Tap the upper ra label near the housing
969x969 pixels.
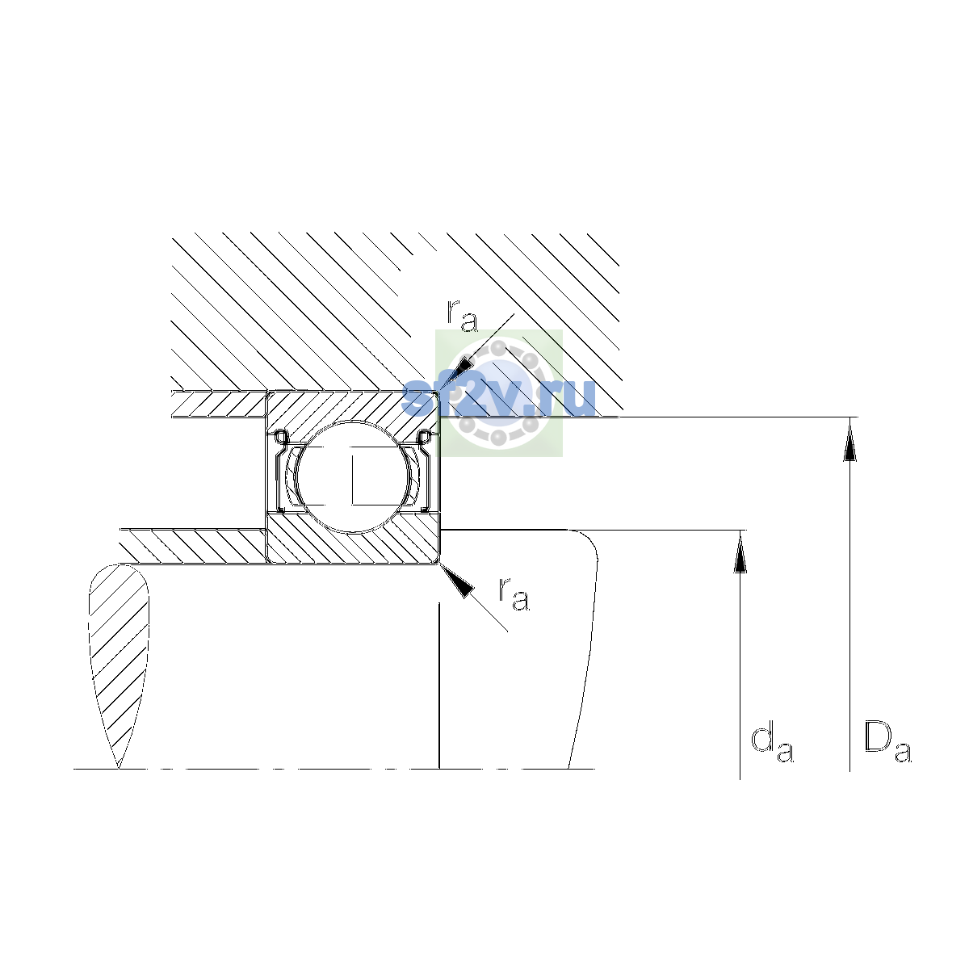coord(462,316)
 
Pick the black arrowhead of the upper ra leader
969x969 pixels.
coord(460,370)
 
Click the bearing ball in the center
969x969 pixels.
coord(354,476)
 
